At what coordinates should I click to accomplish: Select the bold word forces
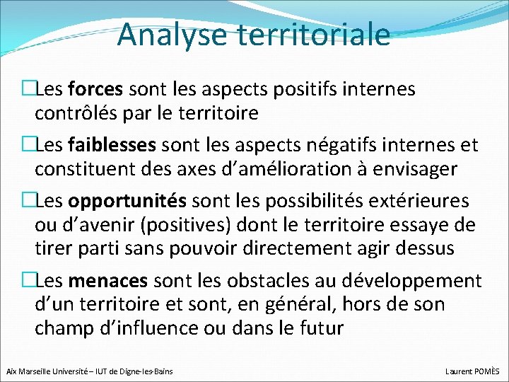click(97, 89)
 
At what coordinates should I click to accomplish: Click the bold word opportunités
click(128, 201)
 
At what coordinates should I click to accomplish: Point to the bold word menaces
click(108, 281)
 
